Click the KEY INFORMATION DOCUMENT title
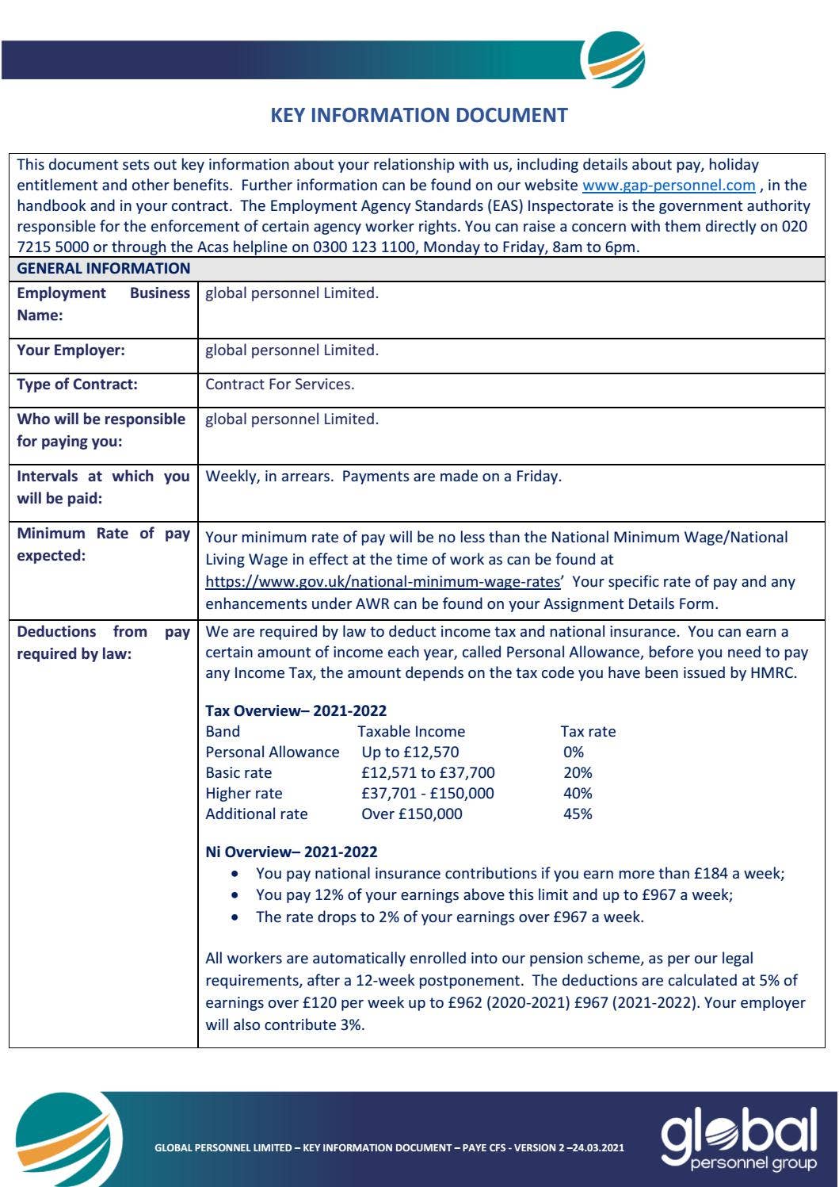[419, 116]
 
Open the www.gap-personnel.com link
[669, 186]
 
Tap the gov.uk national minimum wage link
[383, 582]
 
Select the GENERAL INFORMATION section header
[104, 269]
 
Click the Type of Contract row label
[77, 385]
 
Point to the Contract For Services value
[280, 385]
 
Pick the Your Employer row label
[71, 350]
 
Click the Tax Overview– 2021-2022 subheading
[296, 711]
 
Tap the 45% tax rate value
[578, 814]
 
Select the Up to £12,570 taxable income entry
[410, 752]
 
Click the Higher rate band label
[243, 794]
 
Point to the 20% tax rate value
[578, 773]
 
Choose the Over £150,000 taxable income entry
[411, 814]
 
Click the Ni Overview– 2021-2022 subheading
[291, 852]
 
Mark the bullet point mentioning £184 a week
[520, 874]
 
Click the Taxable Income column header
[410, 732]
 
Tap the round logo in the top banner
[612, 59]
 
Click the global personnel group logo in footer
[738, 1139]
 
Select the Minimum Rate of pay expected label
[103, 545]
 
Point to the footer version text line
[389, 1147]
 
